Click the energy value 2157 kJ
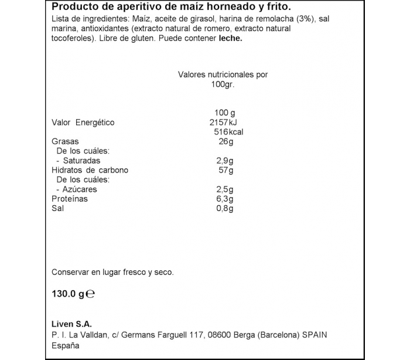tap(223, 123)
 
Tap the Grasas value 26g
tap(225, 142)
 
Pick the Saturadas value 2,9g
tap(224, 161)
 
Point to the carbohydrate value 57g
tap(225, 171)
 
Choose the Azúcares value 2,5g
tap(224, 189)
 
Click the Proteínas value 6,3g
tap(224, 199)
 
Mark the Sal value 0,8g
tap(224, 209)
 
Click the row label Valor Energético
tap(83, 123)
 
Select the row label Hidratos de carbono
tap(90, 171)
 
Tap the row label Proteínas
tap(70, 199)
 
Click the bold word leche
tap(230, 39)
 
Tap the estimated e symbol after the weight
tap(90, 296)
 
